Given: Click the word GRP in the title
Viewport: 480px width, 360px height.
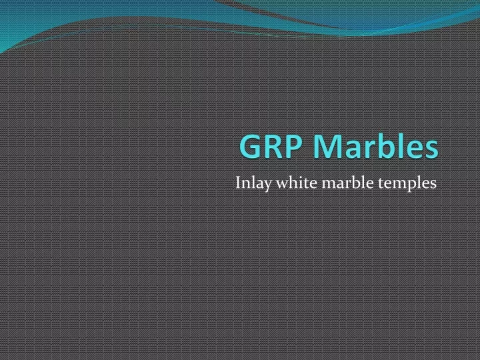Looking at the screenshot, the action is point(270,146).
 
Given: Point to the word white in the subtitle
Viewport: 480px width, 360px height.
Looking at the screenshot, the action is point(297,183).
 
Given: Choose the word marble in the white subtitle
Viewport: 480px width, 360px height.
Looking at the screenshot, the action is point(348,183).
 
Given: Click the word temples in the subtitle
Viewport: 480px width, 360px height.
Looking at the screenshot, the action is point(407,184).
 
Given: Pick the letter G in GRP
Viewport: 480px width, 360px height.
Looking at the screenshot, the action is point(250,146).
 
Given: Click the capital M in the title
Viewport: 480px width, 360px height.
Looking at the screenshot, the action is point(325,146).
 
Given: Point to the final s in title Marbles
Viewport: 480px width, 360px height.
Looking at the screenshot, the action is point(431,150).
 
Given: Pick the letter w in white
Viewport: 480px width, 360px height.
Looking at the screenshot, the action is point(283,185).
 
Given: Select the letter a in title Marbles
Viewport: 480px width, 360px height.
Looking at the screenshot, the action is point(349,150).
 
